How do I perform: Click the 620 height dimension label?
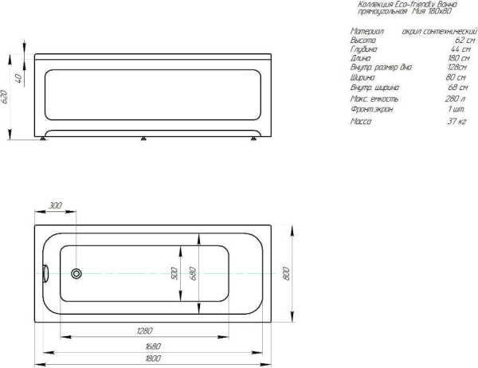(5, 97)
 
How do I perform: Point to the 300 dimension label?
(55, 206)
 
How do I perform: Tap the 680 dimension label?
(192, 272)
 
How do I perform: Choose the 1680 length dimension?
(155, 346)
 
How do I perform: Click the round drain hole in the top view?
(76, 274)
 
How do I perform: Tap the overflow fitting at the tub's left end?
(45, 273)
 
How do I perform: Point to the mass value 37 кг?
(456, 121)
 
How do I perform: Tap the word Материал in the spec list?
(367, 29)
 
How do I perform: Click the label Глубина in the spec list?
(364, 49)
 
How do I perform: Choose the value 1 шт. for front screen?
(456, 108)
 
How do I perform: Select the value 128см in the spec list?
(455, 69)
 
